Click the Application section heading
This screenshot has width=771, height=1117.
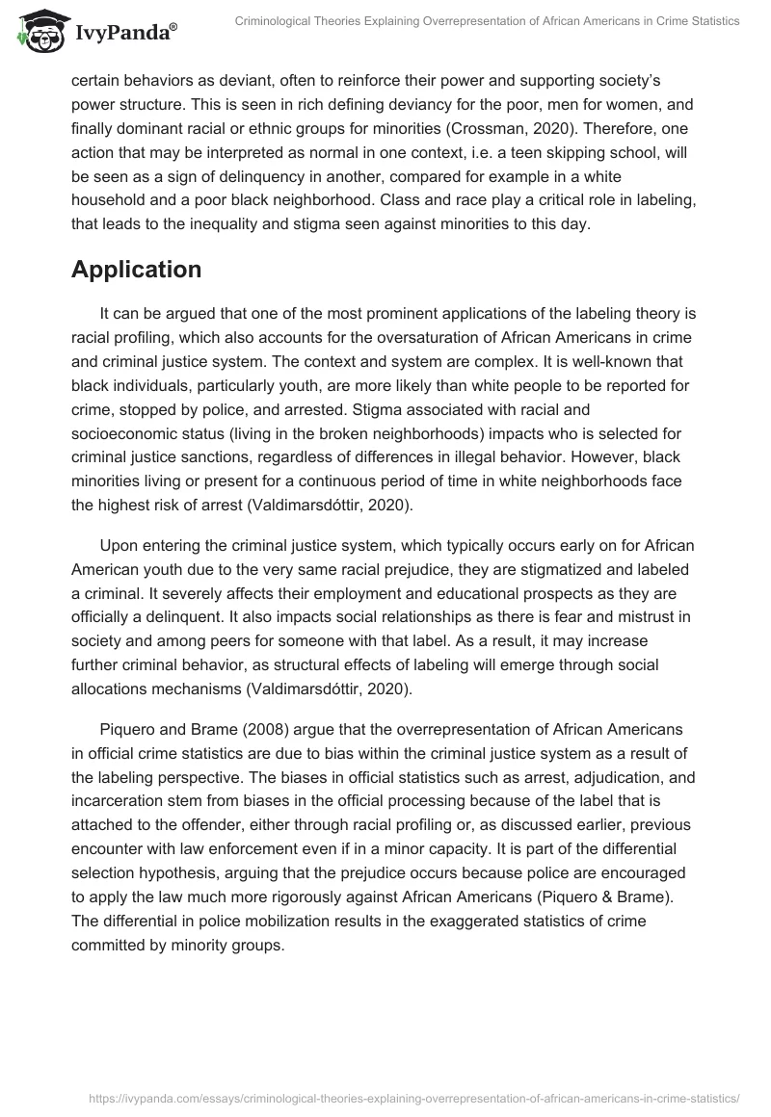136,270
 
